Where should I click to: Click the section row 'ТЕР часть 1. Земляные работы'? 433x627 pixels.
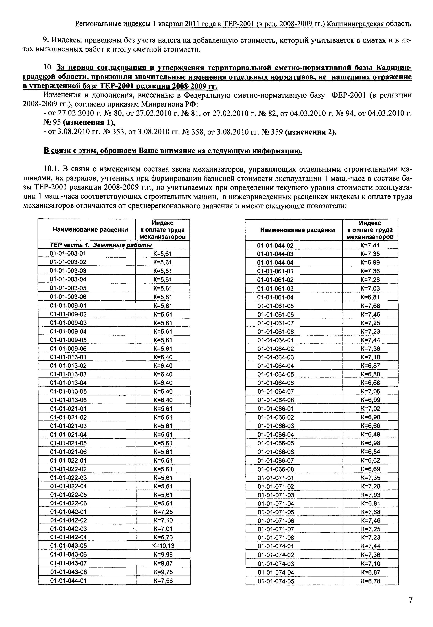[101, 245]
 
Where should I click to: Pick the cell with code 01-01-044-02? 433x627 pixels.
[275, 245]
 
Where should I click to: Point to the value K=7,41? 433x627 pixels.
[370, 245]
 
